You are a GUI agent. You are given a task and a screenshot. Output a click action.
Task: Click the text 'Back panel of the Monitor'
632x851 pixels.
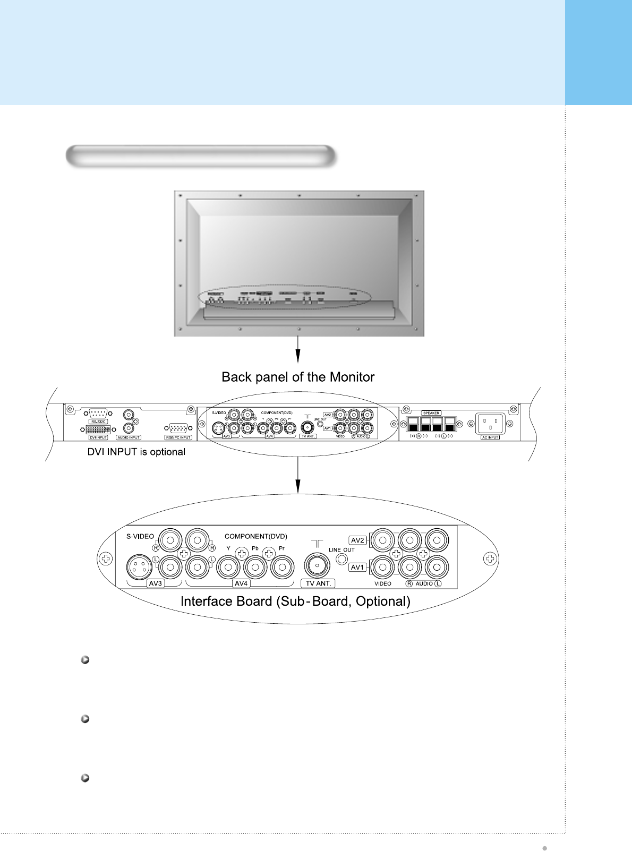click(x=298, y=377)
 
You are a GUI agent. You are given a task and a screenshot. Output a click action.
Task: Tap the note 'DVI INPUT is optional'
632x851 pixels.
click(x=136, y=452)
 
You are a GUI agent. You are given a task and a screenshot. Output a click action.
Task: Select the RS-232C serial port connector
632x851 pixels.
click(x=98, y=414)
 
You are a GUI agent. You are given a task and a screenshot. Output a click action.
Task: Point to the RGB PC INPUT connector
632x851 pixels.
click(x=178, y=428)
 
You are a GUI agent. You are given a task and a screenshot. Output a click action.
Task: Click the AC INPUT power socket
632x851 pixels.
click(x=490, y=424)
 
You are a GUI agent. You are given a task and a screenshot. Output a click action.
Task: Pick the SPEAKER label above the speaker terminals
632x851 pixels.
click(x=431, y=413)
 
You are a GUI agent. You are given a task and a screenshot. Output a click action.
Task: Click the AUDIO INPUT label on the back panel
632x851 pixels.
click(x=129, y=437)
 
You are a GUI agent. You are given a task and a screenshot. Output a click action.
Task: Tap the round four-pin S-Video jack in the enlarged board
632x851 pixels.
click(x=139, y=568)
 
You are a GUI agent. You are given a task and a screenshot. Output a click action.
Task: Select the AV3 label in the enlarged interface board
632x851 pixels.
click(x=155, y=583)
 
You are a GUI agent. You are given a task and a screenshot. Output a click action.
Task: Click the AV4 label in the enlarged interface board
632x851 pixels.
click(x=241, y=583)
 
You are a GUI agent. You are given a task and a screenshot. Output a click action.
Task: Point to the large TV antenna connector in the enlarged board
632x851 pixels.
click(x=317, y=566)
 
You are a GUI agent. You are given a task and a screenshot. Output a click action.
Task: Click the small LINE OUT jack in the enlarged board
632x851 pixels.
click(x=343, y=559)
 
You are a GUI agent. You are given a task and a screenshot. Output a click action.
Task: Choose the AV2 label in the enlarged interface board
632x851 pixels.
click(x=357, y=540)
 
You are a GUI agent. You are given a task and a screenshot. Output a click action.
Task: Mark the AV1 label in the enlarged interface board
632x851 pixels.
click(x=357, y=567)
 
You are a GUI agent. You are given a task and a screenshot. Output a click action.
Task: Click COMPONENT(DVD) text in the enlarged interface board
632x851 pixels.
click(x=255, y=537)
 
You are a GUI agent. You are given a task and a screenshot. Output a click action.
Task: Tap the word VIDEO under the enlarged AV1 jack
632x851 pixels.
click(x=382, y=584)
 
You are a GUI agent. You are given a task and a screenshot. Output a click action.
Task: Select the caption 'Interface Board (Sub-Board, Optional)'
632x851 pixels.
click(x=295, y=601)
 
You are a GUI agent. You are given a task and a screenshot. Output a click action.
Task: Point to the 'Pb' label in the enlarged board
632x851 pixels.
click(x=255, y=548)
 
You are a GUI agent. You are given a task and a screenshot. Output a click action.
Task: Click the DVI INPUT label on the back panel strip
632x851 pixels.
click(x=98, y=437)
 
